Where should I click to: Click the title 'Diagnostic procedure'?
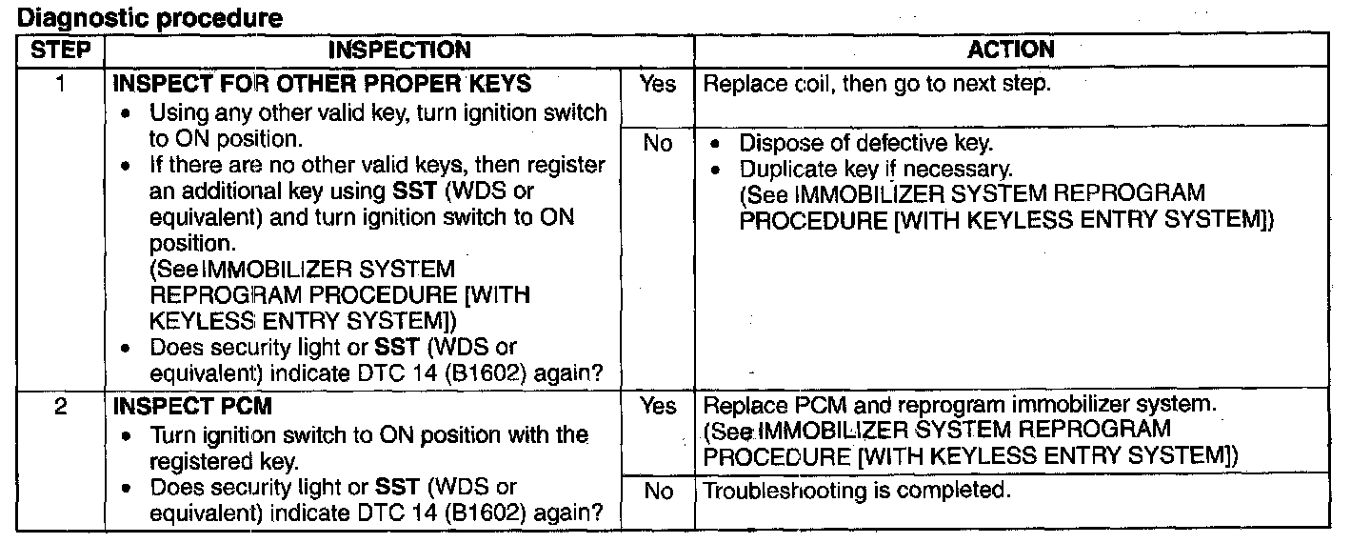coord(150,18)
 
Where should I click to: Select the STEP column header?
coord(61,50)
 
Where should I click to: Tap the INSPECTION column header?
coord(400,50)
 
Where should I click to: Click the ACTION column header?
coord(1011,49)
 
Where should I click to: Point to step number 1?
coord(60,83)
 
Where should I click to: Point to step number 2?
coord(60,406)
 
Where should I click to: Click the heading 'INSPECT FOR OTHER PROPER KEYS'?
coord(322,83)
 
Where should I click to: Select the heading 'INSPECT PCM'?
coord(192,407)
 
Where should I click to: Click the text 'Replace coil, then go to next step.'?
coord(877,83)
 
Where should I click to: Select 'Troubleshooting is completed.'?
coord(856,491)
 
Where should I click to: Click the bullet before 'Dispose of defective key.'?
coord(714,144)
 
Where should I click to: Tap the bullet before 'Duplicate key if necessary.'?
coord(714,171)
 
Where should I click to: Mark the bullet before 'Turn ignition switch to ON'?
coord(126,436)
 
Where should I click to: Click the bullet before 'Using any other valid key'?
coord(126,114)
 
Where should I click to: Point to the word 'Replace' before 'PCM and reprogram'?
coord(745,405)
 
